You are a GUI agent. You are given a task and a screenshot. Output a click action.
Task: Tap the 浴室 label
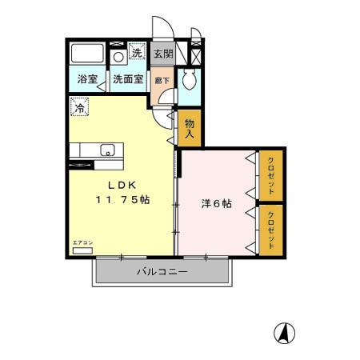click(86, 80)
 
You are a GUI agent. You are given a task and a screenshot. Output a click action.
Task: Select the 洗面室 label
click(128, 80)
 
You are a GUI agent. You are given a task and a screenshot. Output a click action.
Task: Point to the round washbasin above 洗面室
click(118, 57)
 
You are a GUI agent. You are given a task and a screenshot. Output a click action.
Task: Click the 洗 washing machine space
click(137, 54)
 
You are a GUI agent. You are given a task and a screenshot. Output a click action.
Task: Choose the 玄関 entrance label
click(162, 54)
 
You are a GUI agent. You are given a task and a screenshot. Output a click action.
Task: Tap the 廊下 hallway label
click(162, 80)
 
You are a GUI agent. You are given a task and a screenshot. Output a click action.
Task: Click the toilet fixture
click(189, 80)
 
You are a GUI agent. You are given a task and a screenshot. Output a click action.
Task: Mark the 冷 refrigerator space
click(80, 105)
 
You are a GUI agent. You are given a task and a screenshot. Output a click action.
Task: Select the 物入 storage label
click(190, 129)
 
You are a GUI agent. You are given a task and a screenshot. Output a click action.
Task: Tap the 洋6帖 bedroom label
click(216, 204)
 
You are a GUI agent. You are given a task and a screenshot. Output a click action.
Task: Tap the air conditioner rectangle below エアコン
click(82, 250)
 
